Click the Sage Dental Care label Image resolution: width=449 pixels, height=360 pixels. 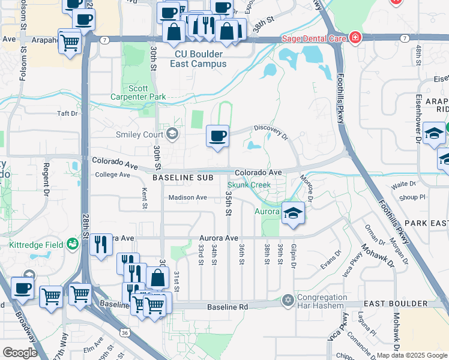tap(314, 38)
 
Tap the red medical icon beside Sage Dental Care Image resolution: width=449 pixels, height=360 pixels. tap(355, 38)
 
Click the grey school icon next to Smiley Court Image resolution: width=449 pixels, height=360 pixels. tap(173, 133)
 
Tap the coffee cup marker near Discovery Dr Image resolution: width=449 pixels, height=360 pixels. tap(217, 135)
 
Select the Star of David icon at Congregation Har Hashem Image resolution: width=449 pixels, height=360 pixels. tap(288, 299)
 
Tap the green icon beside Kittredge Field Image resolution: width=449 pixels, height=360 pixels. tap(73, 244)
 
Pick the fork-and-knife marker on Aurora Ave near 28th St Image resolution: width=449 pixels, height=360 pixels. tap(101, 245)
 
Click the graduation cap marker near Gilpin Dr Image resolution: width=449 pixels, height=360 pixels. tap(292, 214)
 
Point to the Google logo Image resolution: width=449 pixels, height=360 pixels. tap(20, 352)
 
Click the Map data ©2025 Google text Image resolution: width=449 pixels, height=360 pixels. tap(411, 355)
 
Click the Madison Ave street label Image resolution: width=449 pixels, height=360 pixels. tap(188, 197)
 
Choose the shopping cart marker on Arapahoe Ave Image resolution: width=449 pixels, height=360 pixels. tap(70, 42)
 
